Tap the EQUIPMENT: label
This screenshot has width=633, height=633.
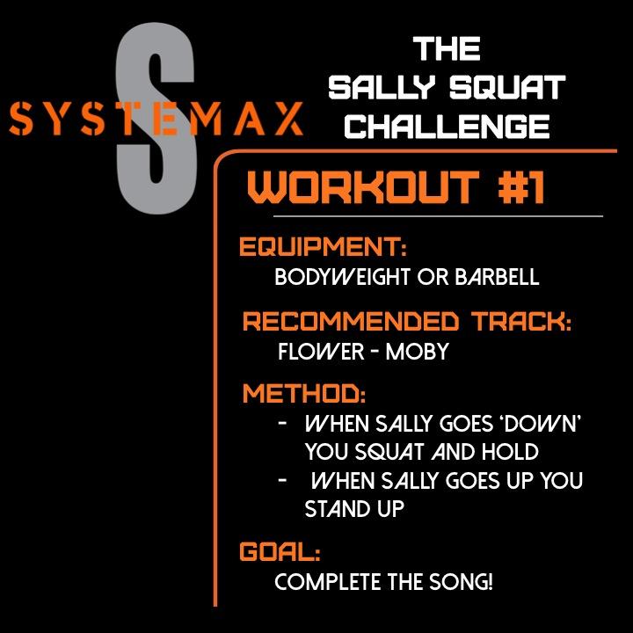(x=323, y=247)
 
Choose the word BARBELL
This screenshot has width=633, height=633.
(x=498, y=278)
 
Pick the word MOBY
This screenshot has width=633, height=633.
(x=418, y=353)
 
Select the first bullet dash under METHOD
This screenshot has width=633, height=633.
(x=282, y=424)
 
